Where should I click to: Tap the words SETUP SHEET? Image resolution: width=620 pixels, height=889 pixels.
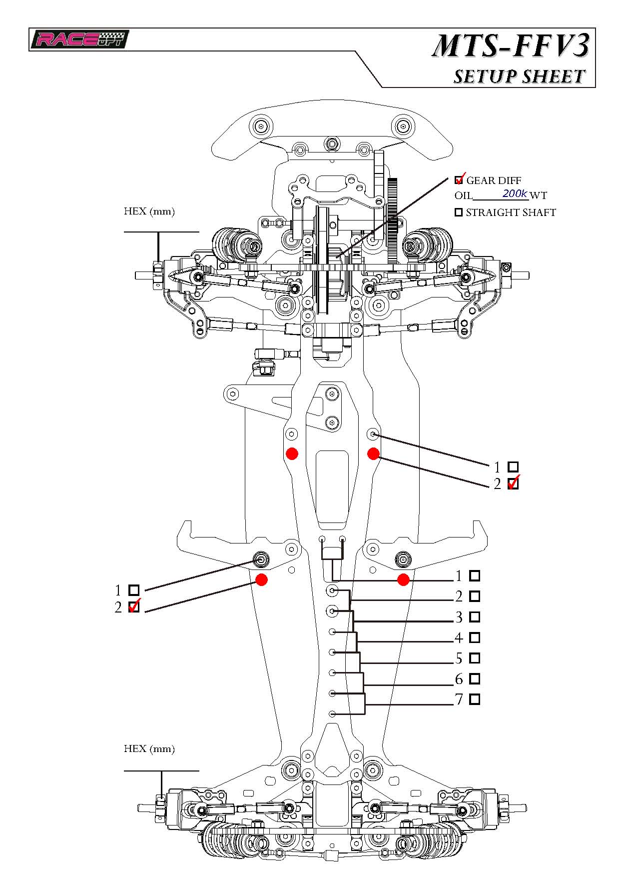519,76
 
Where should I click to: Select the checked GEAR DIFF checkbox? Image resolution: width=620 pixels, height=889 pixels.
459,180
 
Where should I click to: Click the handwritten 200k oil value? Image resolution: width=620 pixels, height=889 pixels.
514,193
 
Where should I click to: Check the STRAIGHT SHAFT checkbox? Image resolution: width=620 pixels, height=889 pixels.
458,212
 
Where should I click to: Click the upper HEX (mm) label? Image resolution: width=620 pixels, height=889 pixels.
149,211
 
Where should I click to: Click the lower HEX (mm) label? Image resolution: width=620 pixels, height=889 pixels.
149,748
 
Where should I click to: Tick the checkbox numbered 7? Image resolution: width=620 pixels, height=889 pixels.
475,699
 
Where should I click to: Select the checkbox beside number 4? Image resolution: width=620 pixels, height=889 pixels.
475,637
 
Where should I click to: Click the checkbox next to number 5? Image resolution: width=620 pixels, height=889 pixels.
475,658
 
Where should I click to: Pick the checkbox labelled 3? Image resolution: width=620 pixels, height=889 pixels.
475,616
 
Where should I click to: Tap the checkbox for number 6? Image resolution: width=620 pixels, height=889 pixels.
475,678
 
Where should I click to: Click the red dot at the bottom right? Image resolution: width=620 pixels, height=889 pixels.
403,579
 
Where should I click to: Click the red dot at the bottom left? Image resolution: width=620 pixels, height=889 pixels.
261,579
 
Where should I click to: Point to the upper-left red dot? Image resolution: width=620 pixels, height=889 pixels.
292,453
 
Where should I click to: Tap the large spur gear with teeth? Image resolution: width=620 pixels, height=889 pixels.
393,220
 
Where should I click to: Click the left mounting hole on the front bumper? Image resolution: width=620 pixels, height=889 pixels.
261,125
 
